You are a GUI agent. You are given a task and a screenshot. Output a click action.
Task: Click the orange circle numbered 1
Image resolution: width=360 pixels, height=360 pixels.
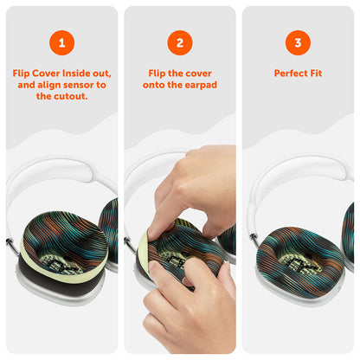tap(61, 42)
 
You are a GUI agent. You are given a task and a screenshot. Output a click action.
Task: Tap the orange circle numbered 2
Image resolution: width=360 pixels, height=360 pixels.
tap(180, 42)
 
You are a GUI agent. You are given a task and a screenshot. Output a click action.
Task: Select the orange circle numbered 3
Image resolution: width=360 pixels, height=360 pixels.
tap(298, 42)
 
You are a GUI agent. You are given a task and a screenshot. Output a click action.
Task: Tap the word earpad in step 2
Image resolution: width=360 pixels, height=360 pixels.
tap(201, 85)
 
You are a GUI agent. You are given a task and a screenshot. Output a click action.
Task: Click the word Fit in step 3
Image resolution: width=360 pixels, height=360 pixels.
tap(316, 74)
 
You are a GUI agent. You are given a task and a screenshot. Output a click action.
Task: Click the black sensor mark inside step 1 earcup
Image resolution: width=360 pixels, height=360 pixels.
tap(59, 263)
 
